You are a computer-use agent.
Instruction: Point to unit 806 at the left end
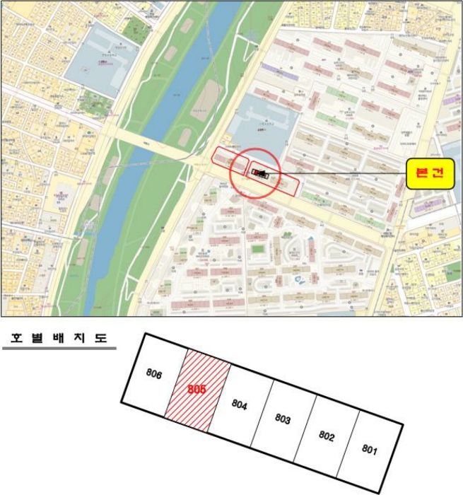point(155,374)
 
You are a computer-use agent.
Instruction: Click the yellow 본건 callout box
point(430,173)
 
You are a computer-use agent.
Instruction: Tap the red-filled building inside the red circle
point(255,173)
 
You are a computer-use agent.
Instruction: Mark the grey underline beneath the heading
point(59,348)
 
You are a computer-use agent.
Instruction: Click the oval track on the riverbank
point(207,99)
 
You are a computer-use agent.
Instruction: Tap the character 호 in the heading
point(11,337)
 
